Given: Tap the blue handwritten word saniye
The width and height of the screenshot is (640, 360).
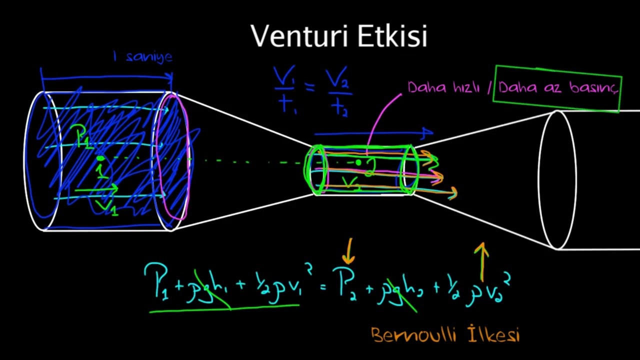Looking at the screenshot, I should point(149,56).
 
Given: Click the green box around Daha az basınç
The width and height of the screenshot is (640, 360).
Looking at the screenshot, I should point(557,70).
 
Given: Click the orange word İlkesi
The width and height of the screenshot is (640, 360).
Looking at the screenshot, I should point(494,334).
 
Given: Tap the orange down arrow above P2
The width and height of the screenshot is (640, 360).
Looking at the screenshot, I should point(348,251).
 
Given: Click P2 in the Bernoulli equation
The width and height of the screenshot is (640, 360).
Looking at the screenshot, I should point(344,284).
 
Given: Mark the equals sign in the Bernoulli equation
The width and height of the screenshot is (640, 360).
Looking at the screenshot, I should point(323,285).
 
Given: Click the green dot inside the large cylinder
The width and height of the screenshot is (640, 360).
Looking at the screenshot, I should point(100,159).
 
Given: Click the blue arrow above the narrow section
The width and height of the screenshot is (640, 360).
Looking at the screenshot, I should point(372,133).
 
